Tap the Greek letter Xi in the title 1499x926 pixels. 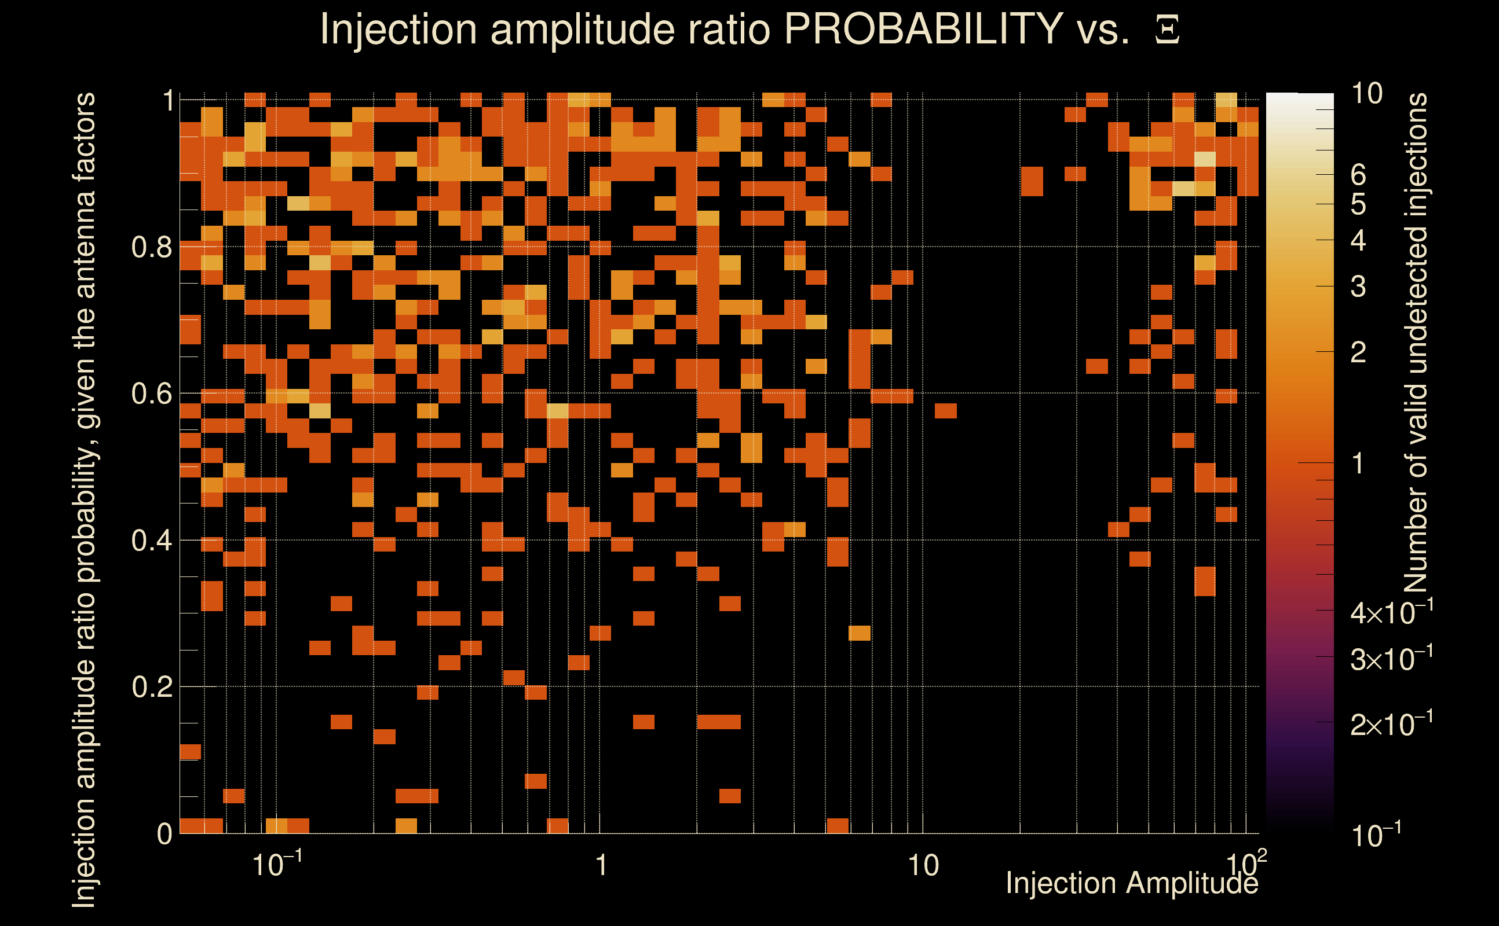coord(1167,30)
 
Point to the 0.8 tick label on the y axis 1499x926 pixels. coord(151,248)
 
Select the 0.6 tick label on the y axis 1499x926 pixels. coord(151,394)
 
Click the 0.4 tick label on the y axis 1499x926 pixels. coord(151,541)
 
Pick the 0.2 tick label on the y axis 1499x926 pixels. coord(151,687)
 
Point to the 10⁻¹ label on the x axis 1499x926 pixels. coord(277,864)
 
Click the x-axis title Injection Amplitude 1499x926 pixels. coord(1132,883)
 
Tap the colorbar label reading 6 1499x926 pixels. coord(1358,175)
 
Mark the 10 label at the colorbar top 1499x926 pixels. coord(1366,94)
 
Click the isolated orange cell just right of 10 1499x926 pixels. coord(946,410)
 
